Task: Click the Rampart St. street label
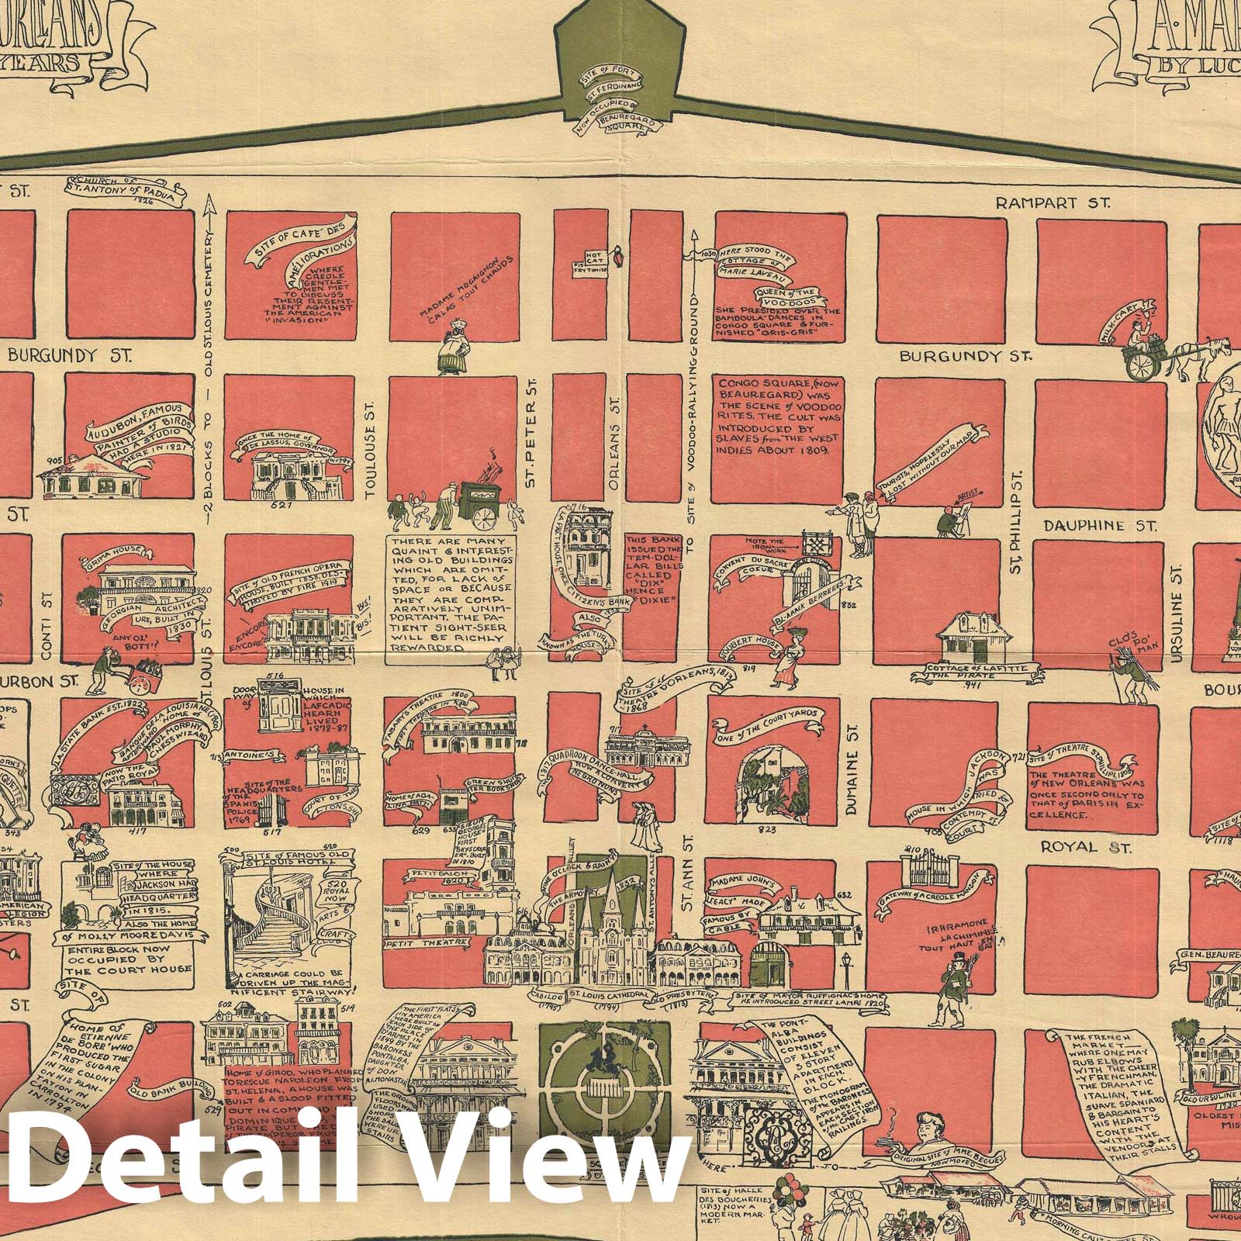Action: pyautogui.click(x=1053, y=203)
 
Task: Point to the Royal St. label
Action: pyautogui.click(x=1085, y=845)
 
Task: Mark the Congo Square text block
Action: pyautogui.click(x=773, y=417)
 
